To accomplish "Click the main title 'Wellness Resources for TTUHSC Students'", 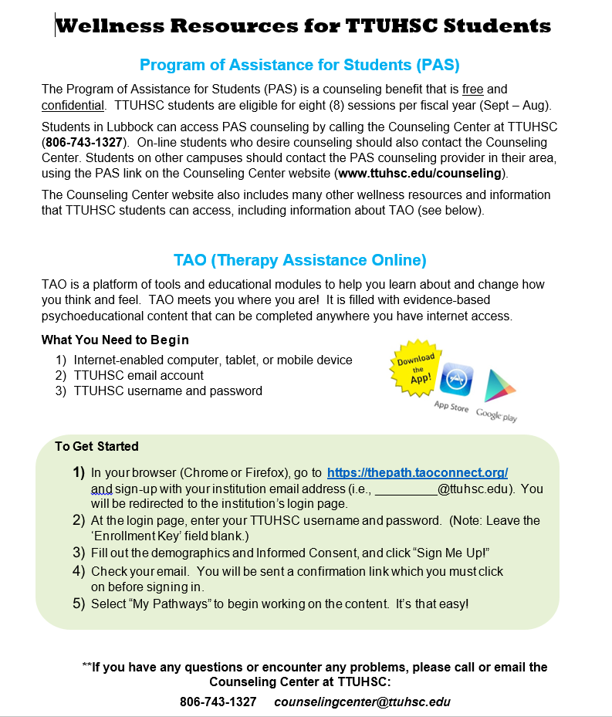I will pos(303,26).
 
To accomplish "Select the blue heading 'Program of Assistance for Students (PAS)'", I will pos(300,64).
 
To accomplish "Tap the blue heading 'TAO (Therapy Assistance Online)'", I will pos(300,260).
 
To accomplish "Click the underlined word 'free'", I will pos(473,90).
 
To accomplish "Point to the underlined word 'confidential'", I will pos(73,105).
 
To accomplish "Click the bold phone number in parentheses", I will pos(84,143).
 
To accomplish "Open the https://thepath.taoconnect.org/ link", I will pos(417,472).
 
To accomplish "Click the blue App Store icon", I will pos(455,380).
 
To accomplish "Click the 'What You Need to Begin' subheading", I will pos(115,340).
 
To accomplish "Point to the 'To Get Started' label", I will pos(96,446).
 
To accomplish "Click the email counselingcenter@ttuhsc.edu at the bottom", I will pos(362,702).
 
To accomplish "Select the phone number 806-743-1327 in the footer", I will pos(218,702).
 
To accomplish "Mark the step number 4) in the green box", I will pos(79,571).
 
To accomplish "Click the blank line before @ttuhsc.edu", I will pos(406,489).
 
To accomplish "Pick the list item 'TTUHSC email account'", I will pos(139,375).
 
